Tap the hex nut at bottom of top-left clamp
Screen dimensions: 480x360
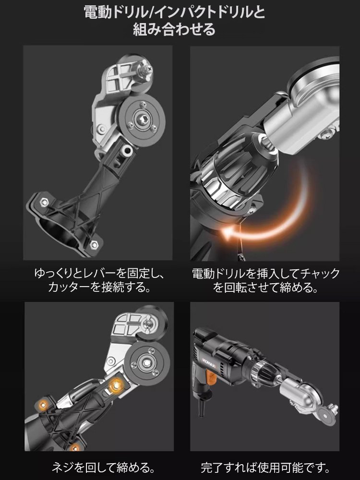94,243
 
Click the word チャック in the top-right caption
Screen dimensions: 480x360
321,274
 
